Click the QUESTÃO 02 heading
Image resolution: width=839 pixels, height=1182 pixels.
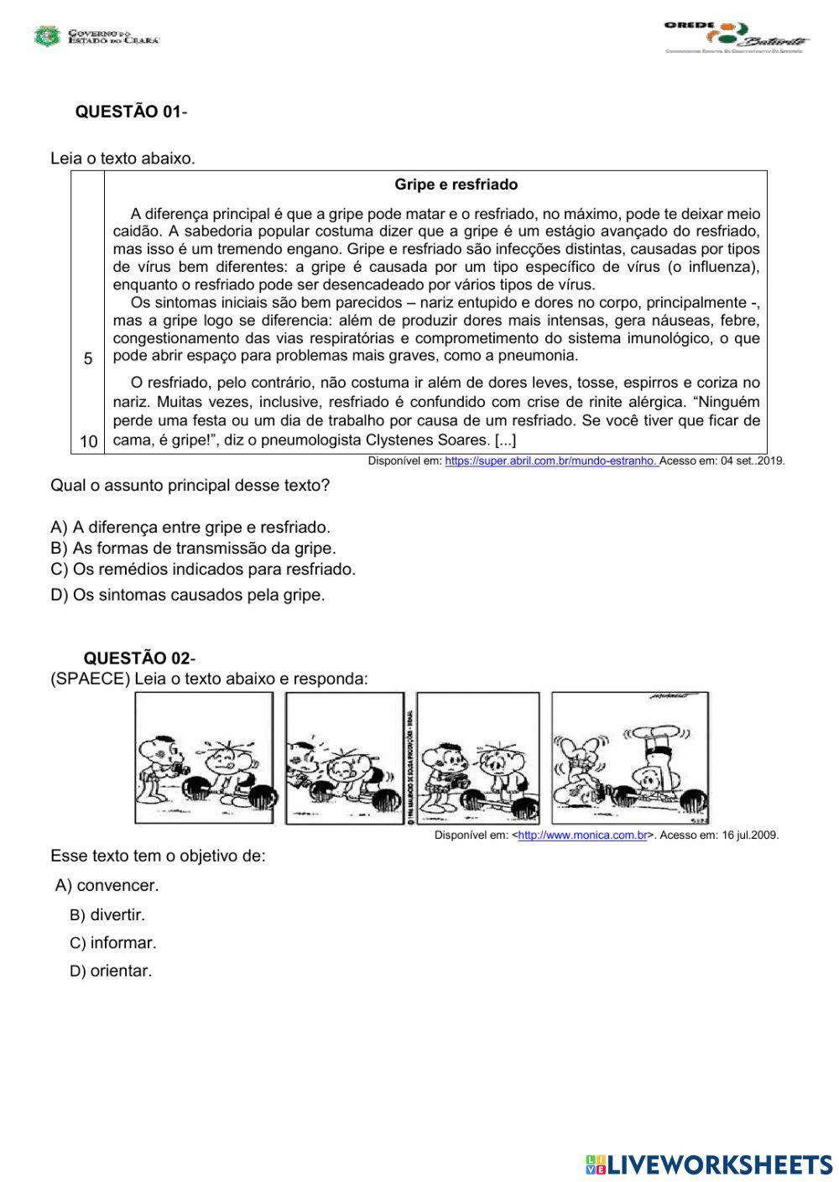[138, 659]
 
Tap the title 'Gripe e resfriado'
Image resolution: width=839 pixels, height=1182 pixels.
[456, 185]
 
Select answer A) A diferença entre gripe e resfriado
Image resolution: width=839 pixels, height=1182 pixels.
[190, 528]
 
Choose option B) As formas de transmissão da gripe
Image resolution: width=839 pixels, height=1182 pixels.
[193, 549]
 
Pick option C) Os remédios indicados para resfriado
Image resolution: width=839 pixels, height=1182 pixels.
[203, 570]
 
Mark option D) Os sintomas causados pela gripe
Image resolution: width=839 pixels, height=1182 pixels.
[187, 596]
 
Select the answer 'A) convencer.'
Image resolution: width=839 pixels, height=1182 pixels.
[107, 886]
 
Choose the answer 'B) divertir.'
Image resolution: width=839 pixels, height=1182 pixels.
[107, 915]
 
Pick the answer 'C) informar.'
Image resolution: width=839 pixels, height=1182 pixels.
[112, 943]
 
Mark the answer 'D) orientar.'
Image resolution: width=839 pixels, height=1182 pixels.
[111, 971]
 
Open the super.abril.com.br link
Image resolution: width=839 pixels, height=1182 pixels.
[551, 461]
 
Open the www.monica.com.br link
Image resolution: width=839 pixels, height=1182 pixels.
[582, 835]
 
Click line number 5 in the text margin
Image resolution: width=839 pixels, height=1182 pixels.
[88, 359]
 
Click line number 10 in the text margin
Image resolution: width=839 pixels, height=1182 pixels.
[88, 441]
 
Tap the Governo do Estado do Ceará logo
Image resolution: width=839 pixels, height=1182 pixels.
[96, 36]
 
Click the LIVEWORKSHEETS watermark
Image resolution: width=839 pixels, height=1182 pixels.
[709, 1164]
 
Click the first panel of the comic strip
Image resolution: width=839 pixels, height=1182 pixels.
[204, 758]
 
